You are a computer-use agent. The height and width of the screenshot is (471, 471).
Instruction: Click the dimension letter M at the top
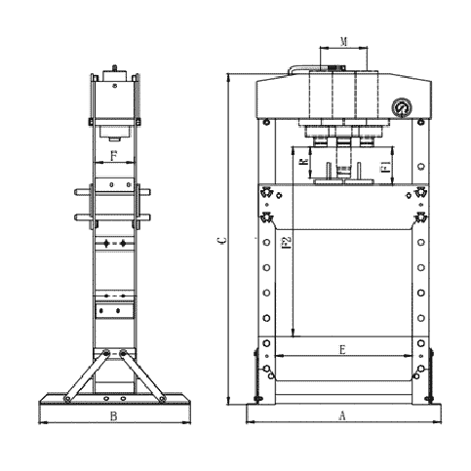coord(343,40)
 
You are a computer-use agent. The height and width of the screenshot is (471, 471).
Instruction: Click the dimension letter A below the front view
coord(341,415)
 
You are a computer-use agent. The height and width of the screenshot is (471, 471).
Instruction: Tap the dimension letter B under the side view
coord(113,416)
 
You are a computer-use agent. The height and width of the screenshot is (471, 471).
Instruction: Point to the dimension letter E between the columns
coord(341,348)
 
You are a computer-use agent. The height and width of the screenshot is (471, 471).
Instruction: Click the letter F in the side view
coord(113,154)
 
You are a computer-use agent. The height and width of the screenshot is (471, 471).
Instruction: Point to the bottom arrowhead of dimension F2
coord(294,334)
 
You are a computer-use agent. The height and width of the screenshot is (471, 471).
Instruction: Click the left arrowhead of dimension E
coord(280,356)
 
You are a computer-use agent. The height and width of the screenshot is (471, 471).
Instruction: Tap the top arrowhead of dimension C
coord(228,76)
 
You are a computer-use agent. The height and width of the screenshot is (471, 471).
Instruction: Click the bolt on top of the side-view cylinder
coord(114,67)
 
